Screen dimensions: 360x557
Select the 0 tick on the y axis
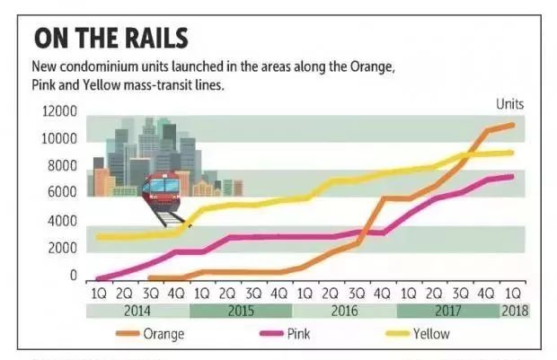[73, 276]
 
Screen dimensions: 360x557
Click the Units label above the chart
[509, 104]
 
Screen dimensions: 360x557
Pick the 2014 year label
[137, 312]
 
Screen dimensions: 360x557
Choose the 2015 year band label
[241, 312]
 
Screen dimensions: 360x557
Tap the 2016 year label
[344, 312]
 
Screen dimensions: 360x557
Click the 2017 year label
[447, 312]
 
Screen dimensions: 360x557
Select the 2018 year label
[515, 312]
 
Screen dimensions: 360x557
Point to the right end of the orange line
[514, 125]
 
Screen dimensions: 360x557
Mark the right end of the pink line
[514, 176]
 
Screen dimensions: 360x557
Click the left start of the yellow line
[98, 237]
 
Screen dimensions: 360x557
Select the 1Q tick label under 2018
[515, 293]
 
